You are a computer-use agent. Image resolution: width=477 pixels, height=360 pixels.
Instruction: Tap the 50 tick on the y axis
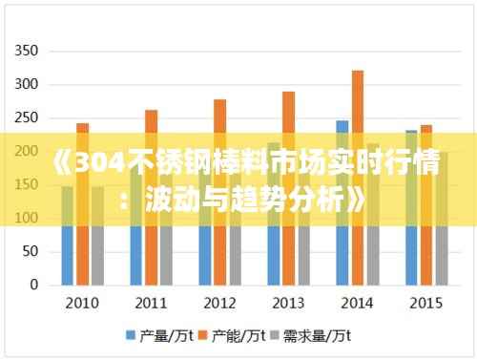(x=31, y=251)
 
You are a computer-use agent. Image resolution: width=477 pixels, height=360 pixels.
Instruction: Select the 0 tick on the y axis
(x=34, y=285)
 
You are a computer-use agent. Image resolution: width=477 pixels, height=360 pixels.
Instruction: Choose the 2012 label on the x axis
(x=220, y=304)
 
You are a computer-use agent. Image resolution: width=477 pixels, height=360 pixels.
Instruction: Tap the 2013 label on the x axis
(x=289, y=304)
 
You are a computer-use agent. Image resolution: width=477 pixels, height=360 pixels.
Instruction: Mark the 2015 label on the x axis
(x=425, y=304)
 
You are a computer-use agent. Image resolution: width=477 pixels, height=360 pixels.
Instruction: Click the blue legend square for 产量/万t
(x=132, y=336)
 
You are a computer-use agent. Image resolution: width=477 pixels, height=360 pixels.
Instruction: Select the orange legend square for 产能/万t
(x=205, y=336)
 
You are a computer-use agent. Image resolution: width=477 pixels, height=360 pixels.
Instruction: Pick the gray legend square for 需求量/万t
(x=279, y=336)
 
